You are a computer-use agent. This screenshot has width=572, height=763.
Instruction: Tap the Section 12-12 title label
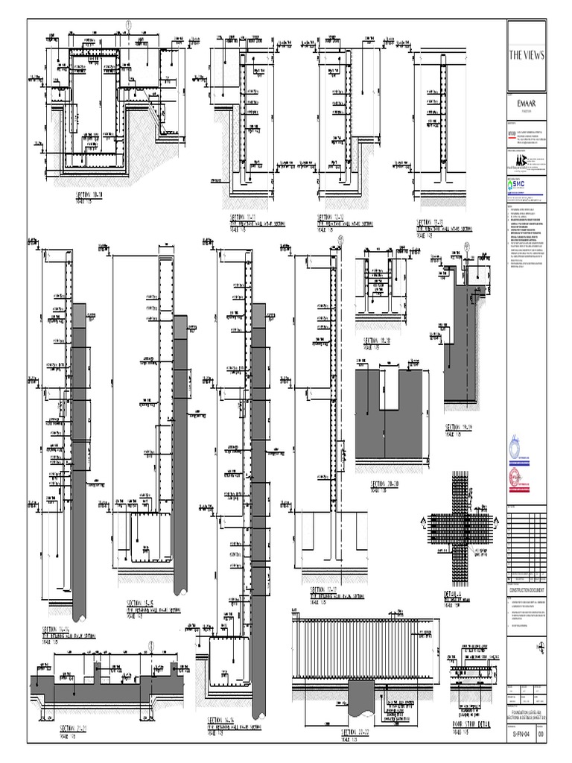click(331, 218)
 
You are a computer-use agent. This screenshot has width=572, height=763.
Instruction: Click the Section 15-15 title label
click(140, 602)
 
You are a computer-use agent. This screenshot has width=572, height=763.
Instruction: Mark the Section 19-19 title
click(460, 428)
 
